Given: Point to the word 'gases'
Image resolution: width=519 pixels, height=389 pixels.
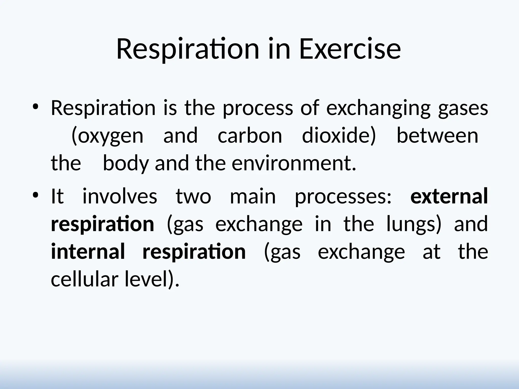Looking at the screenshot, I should (463, 108).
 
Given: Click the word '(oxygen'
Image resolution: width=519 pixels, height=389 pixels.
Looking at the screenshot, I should (107, 136).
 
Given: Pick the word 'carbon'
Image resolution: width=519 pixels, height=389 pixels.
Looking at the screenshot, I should (250, 136).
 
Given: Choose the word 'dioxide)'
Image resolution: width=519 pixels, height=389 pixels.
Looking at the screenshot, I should (339, 136).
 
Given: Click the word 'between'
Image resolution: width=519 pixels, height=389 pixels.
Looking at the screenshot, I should (437, 136).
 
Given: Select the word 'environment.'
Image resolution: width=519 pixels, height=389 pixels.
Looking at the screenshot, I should (294, 163).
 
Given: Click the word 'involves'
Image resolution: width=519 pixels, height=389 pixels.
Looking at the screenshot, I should (120, 197).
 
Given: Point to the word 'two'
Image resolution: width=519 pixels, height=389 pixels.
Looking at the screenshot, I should (193, 197).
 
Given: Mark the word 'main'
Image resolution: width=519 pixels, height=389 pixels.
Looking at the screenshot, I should (253, 197).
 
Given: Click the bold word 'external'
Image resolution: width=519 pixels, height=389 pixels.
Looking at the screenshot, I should (449, 197).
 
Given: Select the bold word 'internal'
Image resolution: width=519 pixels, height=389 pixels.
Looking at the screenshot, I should (88, 251).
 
